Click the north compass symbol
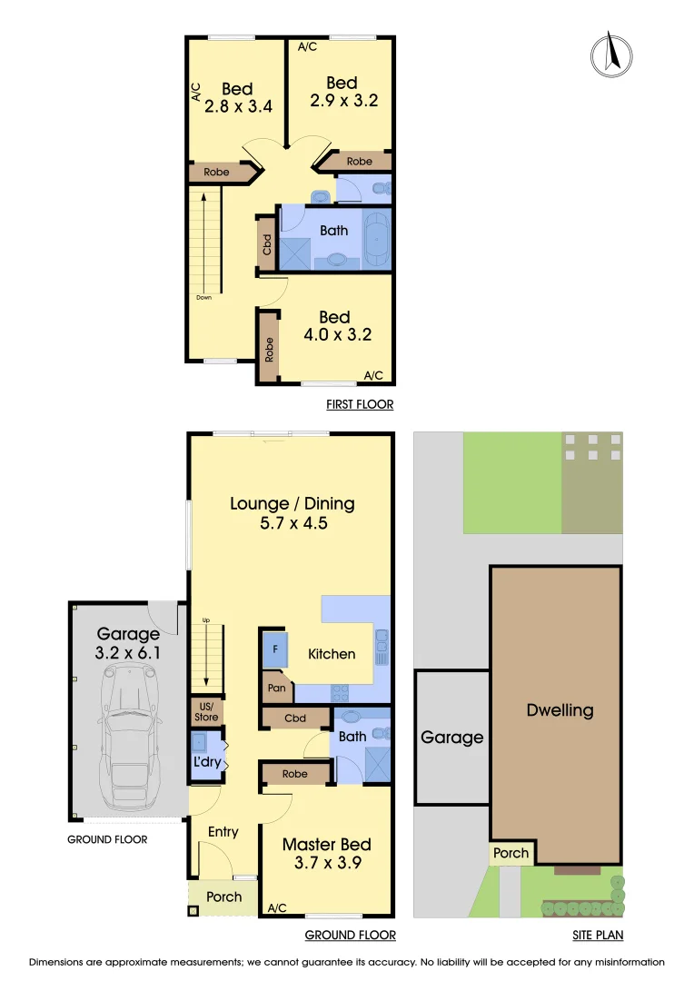pos(610,54)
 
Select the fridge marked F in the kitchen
pos(275,649)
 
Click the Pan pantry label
pos(277,689)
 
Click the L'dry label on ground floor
pos(207,761)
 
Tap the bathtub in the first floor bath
pos(376,237)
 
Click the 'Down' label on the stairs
pos(204,297)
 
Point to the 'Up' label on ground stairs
pos(206,619)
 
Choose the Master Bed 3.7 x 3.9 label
pos(326,854)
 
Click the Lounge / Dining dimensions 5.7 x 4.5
pos(292,523)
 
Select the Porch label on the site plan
pos(511,854)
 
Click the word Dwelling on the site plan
pos(560,710)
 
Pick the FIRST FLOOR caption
pos(360,404)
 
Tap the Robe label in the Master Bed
pos(295,774)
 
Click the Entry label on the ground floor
pos(223,831)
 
